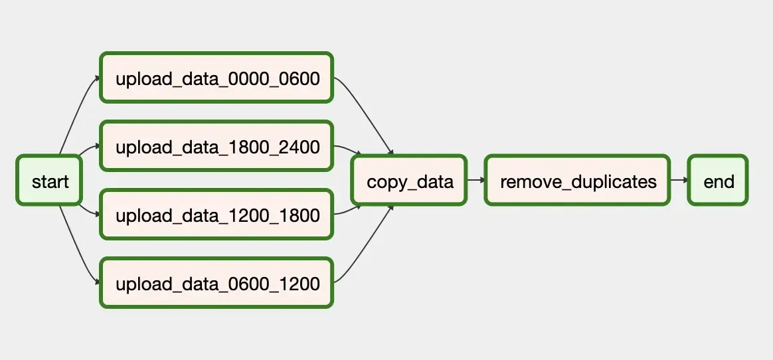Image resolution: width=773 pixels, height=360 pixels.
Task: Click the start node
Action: click(x=49, y=181)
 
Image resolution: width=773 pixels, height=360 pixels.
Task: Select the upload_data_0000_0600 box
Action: click(x=216, y=78)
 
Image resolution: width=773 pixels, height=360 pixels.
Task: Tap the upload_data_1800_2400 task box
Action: click(x=216, y=147)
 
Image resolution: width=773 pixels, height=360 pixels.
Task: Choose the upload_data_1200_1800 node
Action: click(x=216, y=215)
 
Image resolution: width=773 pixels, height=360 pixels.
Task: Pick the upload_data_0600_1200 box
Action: click(x=216, y=284)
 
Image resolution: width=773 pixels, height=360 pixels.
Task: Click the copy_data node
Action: click(x=409, y=181)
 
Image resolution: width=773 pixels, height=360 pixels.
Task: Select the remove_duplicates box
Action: click(x=577, y=181)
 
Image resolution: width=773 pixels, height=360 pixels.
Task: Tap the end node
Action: click(x=718, y=181)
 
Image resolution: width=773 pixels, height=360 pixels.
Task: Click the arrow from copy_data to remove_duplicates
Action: click(x=475, y=180)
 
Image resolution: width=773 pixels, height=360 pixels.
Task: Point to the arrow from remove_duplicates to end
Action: click(x=679, y=180)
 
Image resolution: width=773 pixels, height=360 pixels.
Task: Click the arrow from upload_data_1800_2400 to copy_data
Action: click(x=348, y=149)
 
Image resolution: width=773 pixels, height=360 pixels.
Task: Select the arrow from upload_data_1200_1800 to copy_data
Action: click(x=348, y=212)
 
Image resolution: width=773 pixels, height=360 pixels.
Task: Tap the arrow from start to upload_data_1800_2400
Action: click(x=89, y=151)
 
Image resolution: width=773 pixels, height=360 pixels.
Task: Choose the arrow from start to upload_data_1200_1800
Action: click(x=89, y=211)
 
